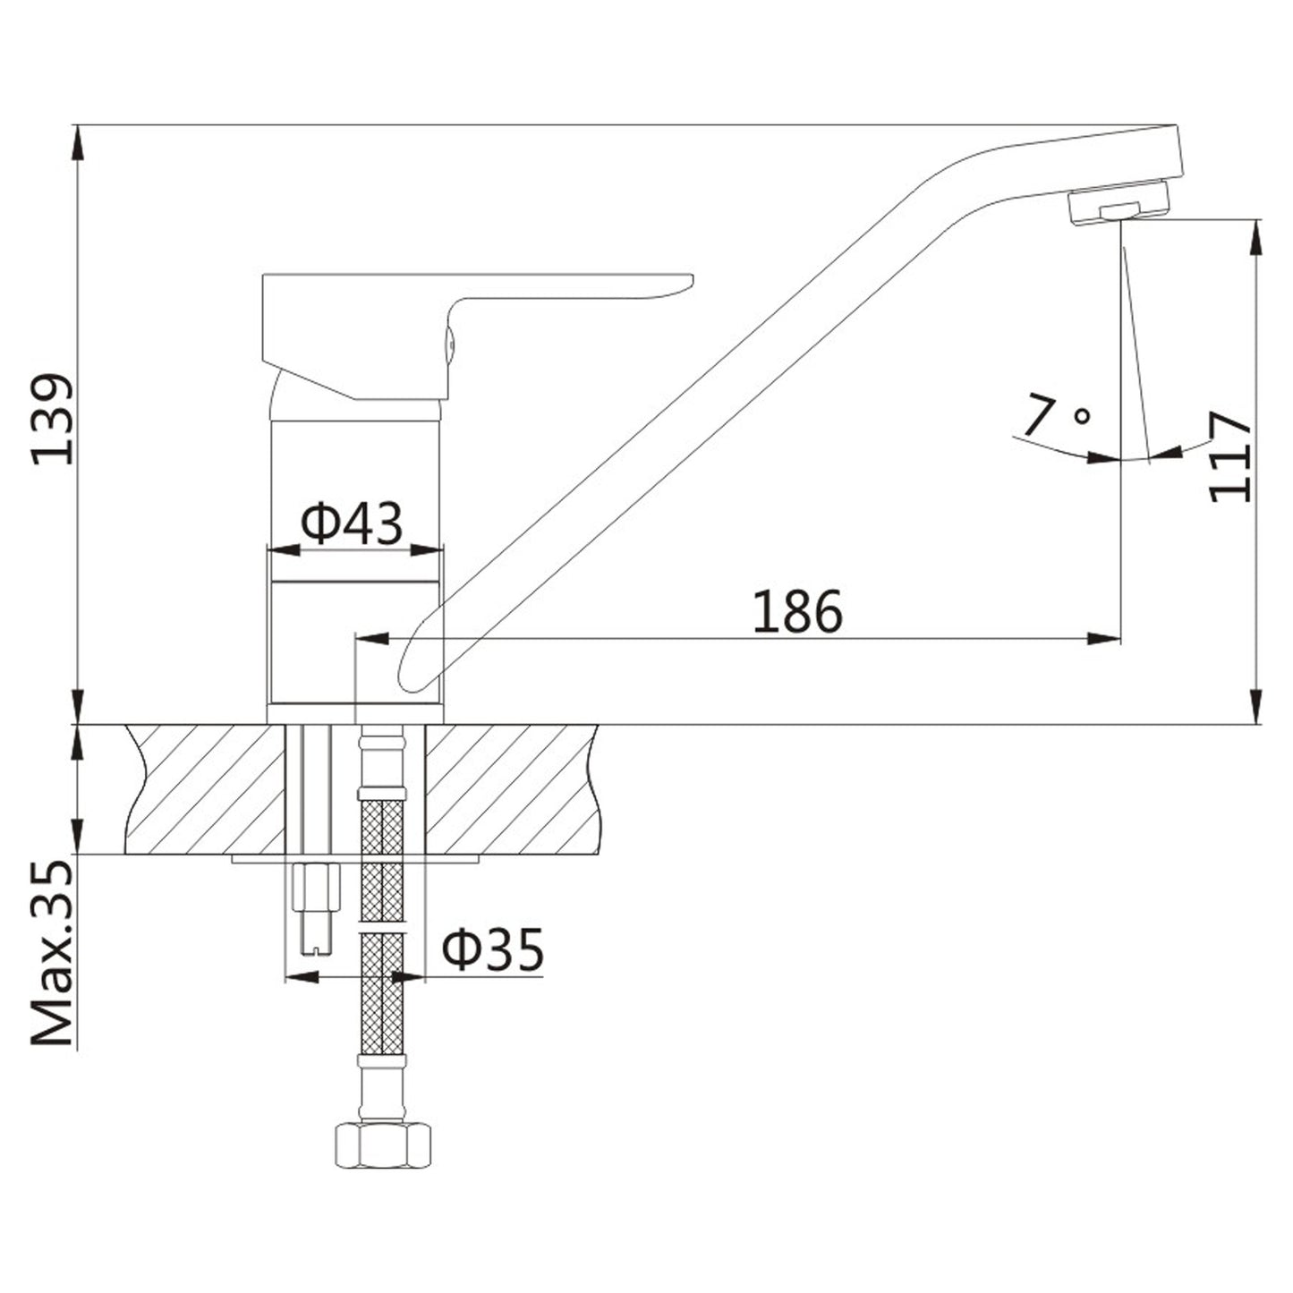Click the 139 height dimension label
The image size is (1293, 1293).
[51, 419]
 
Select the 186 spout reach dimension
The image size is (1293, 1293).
[797, 612]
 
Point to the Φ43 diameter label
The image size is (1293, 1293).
[351, 524]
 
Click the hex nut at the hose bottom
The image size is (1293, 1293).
[382, 1145]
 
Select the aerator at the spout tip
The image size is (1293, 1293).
[1120, 205]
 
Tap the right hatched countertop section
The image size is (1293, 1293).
[510, 787]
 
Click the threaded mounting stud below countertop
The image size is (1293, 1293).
[317, 904]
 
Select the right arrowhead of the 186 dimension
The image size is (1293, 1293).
[1106, 638]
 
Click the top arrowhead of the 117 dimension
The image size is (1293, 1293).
[1256, 234]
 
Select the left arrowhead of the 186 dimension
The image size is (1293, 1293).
[370, 638]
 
